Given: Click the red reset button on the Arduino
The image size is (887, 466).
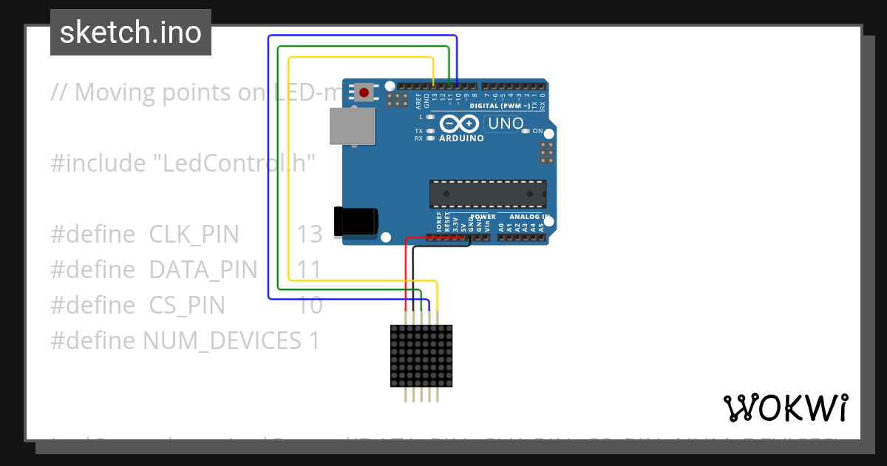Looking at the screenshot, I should click(364, 92).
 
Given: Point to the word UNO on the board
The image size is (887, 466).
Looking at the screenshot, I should click(506, 124).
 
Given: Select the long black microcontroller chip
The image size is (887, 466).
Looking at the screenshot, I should click(488, 193).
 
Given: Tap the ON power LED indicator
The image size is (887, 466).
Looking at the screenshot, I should click(526, 132).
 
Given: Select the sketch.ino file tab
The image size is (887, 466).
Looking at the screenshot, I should click(131, 33).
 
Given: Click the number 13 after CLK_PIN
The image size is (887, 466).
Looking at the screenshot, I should click(310, 234).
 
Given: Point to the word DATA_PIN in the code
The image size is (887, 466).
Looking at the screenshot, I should click(203, 270).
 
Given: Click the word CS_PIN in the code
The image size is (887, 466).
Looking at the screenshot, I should click(187, 305).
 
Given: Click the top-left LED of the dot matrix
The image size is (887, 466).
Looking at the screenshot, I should click(395, 330).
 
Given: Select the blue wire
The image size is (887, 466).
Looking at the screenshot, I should click(268, 170).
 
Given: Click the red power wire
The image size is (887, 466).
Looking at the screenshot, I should click(406, 274).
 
